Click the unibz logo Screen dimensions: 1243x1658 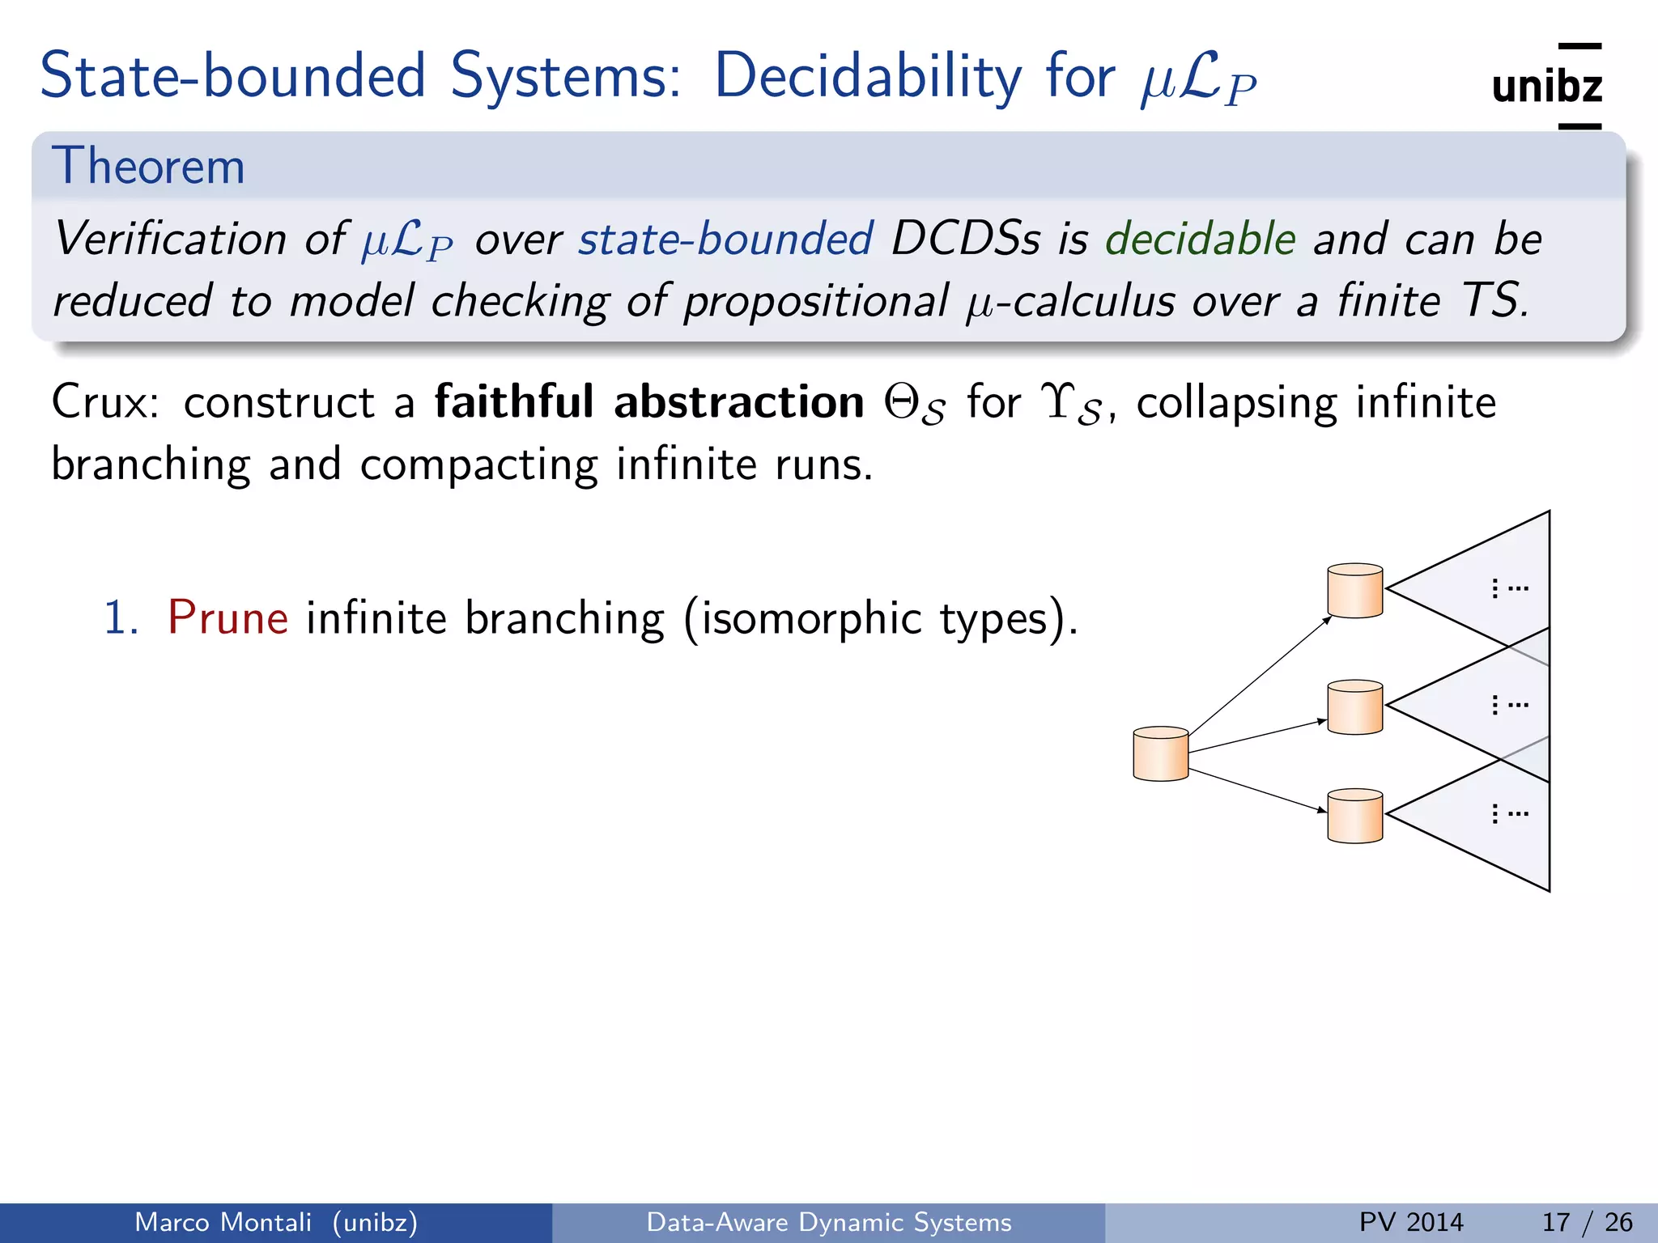(1546, 86)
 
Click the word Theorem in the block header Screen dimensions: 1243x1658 (148, 167)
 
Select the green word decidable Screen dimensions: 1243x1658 (1201, 239)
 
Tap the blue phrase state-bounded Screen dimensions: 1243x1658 (725, 239)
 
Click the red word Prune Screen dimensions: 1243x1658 (227, 618)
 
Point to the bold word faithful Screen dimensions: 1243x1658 (514, 402)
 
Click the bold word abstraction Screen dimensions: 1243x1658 (738, 402)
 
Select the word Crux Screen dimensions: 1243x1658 (104, 402)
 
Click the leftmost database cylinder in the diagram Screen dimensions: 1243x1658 (1160, 753)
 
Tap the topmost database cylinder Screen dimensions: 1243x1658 (1354, 591)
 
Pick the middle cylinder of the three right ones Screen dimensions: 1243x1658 (1354, 707)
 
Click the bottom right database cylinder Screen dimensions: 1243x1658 (1354, 816)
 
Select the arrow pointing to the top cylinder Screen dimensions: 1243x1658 (1260, 675)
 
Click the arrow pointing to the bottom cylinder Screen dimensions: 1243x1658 (1258, 790)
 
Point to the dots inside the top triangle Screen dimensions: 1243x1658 (1509, 588)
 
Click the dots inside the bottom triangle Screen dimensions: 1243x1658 (1509, 813)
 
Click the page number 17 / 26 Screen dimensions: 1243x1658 (1587, 1222)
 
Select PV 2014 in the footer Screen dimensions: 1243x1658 (1411, 1222)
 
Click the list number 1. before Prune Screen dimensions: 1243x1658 (121, 618)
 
